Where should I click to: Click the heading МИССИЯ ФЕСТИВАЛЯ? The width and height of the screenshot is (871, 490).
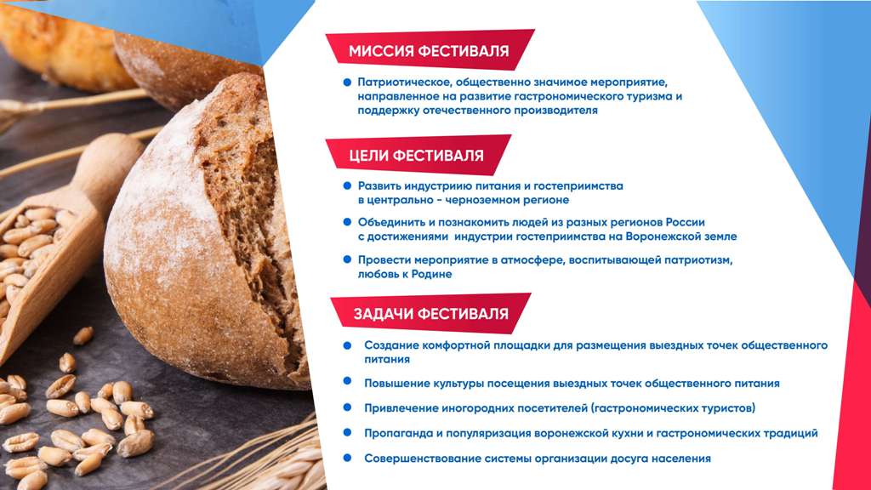pos(429,51)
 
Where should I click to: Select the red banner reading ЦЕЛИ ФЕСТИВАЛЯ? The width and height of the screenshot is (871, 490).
pos(418,155)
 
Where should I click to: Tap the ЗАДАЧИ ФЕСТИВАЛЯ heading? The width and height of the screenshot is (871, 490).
pos(431,314)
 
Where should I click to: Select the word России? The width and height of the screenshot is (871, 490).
pos(686,222)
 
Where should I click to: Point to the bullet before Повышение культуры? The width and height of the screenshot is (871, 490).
pos(348,381)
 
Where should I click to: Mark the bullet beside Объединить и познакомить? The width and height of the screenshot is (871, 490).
pos(348,222)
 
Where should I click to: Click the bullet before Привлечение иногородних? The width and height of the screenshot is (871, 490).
pos(348,407)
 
